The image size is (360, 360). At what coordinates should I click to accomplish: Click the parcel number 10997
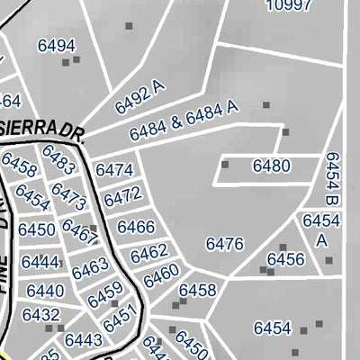[289, 4]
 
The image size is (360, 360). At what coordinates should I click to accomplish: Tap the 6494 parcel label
[56, 45]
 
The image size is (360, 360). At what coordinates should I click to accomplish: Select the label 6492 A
[141, 97]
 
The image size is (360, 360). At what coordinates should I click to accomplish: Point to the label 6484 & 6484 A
[184, 121]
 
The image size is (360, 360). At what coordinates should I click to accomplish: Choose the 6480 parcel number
[272, 166]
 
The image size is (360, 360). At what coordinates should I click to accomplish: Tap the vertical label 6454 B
[331, 177]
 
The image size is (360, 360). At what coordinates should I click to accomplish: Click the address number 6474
[114, 170]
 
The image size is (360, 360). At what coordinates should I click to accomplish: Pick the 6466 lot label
[136, 227]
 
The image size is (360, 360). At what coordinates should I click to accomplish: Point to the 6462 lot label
[148, 254]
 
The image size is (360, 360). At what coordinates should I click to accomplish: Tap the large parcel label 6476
[225, 244]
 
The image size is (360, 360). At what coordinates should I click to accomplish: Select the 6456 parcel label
[285, 259]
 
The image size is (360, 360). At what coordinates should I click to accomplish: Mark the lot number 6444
[40, 262]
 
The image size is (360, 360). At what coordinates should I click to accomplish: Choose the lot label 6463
[90, 268]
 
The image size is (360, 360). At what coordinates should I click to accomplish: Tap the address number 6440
[45, 291]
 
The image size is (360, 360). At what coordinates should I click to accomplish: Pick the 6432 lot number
[40, 316]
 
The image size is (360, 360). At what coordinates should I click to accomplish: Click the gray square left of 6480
[225, 165]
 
